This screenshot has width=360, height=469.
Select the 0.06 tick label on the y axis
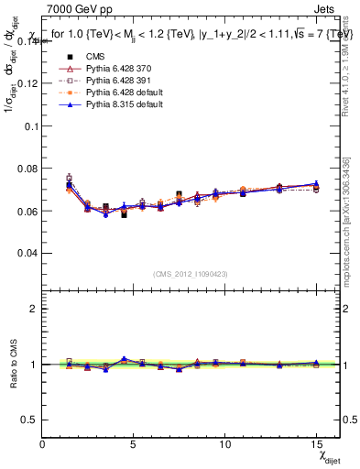29,211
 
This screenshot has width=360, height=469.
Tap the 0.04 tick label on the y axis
29,253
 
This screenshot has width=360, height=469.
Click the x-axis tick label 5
134,444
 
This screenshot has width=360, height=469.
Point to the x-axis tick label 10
224,444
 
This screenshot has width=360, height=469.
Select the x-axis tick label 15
316,444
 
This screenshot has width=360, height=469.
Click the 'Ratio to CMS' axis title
12,366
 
